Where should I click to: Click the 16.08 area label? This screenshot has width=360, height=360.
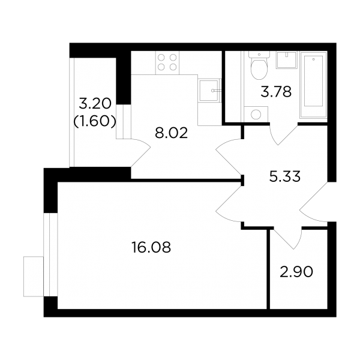click(151, 247)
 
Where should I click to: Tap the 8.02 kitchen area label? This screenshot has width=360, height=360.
click(172, 133)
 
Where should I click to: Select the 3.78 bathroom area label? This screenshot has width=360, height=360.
click(276, 91)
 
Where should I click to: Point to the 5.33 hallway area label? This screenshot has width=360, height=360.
click(284, 176)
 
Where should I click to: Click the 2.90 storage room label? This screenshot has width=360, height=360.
click(296, 272)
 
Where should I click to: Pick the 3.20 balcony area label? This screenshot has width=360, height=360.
click(95, 104)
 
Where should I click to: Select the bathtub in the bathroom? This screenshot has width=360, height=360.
click(313, 85)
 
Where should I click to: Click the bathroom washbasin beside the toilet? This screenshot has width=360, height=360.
click(287, 59)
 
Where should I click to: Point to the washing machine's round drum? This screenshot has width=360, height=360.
click(256, 114)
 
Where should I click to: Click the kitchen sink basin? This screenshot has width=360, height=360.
click(208, 90)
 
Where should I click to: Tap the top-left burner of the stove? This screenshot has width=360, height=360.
click(161, 57)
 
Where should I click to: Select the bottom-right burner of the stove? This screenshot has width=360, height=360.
click(173, 67)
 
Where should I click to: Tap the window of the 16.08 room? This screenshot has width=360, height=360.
click(51, 254)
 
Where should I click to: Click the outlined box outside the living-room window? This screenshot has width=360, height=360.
click(33, 277)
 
